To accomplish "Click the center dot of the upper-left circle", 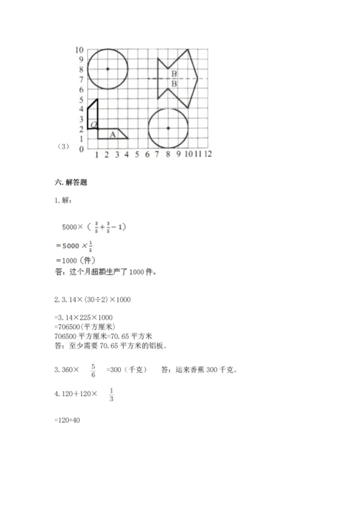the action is pyautogui.click(x=107, y=69).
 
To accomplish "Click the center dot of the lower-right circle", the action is pyautogui.click(x=168, y=128).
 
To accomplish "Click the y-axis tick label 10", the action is pyautogui.click(x=79, y=50).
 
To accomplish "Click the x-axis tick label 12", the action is pyautogui.click(x=207, y=154).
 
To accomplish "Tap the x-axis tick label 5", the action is pyautogui.click(x=137, y=154).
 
